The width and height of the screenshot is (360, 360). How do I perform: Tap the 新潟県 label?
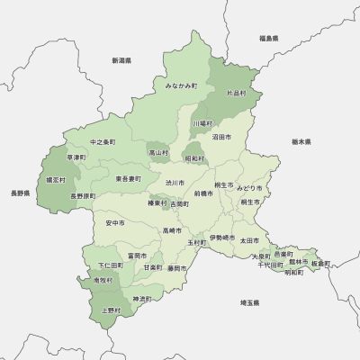122,60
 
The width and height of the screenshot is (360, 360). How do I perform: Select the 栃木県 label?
301,142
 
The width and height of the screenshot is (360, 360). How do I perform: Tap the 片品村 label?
236,93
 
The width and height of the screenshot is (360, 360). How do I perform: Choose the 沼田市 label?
221,138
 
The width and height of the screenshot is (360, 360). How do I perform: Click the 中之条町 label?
103,142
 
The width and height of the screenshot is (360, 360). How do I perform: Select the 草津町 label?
76,157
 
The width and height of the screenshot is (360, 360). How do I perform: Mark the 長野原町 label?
83,195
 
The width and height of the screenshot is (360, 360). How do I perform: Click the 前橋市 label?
203,193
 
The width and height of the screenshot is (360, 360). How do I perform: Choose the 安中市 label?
114,222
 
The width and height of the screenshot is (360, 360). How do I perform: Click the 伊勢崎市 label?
220,238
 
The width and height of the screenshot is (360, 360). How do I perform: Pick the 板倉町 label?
320,264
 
